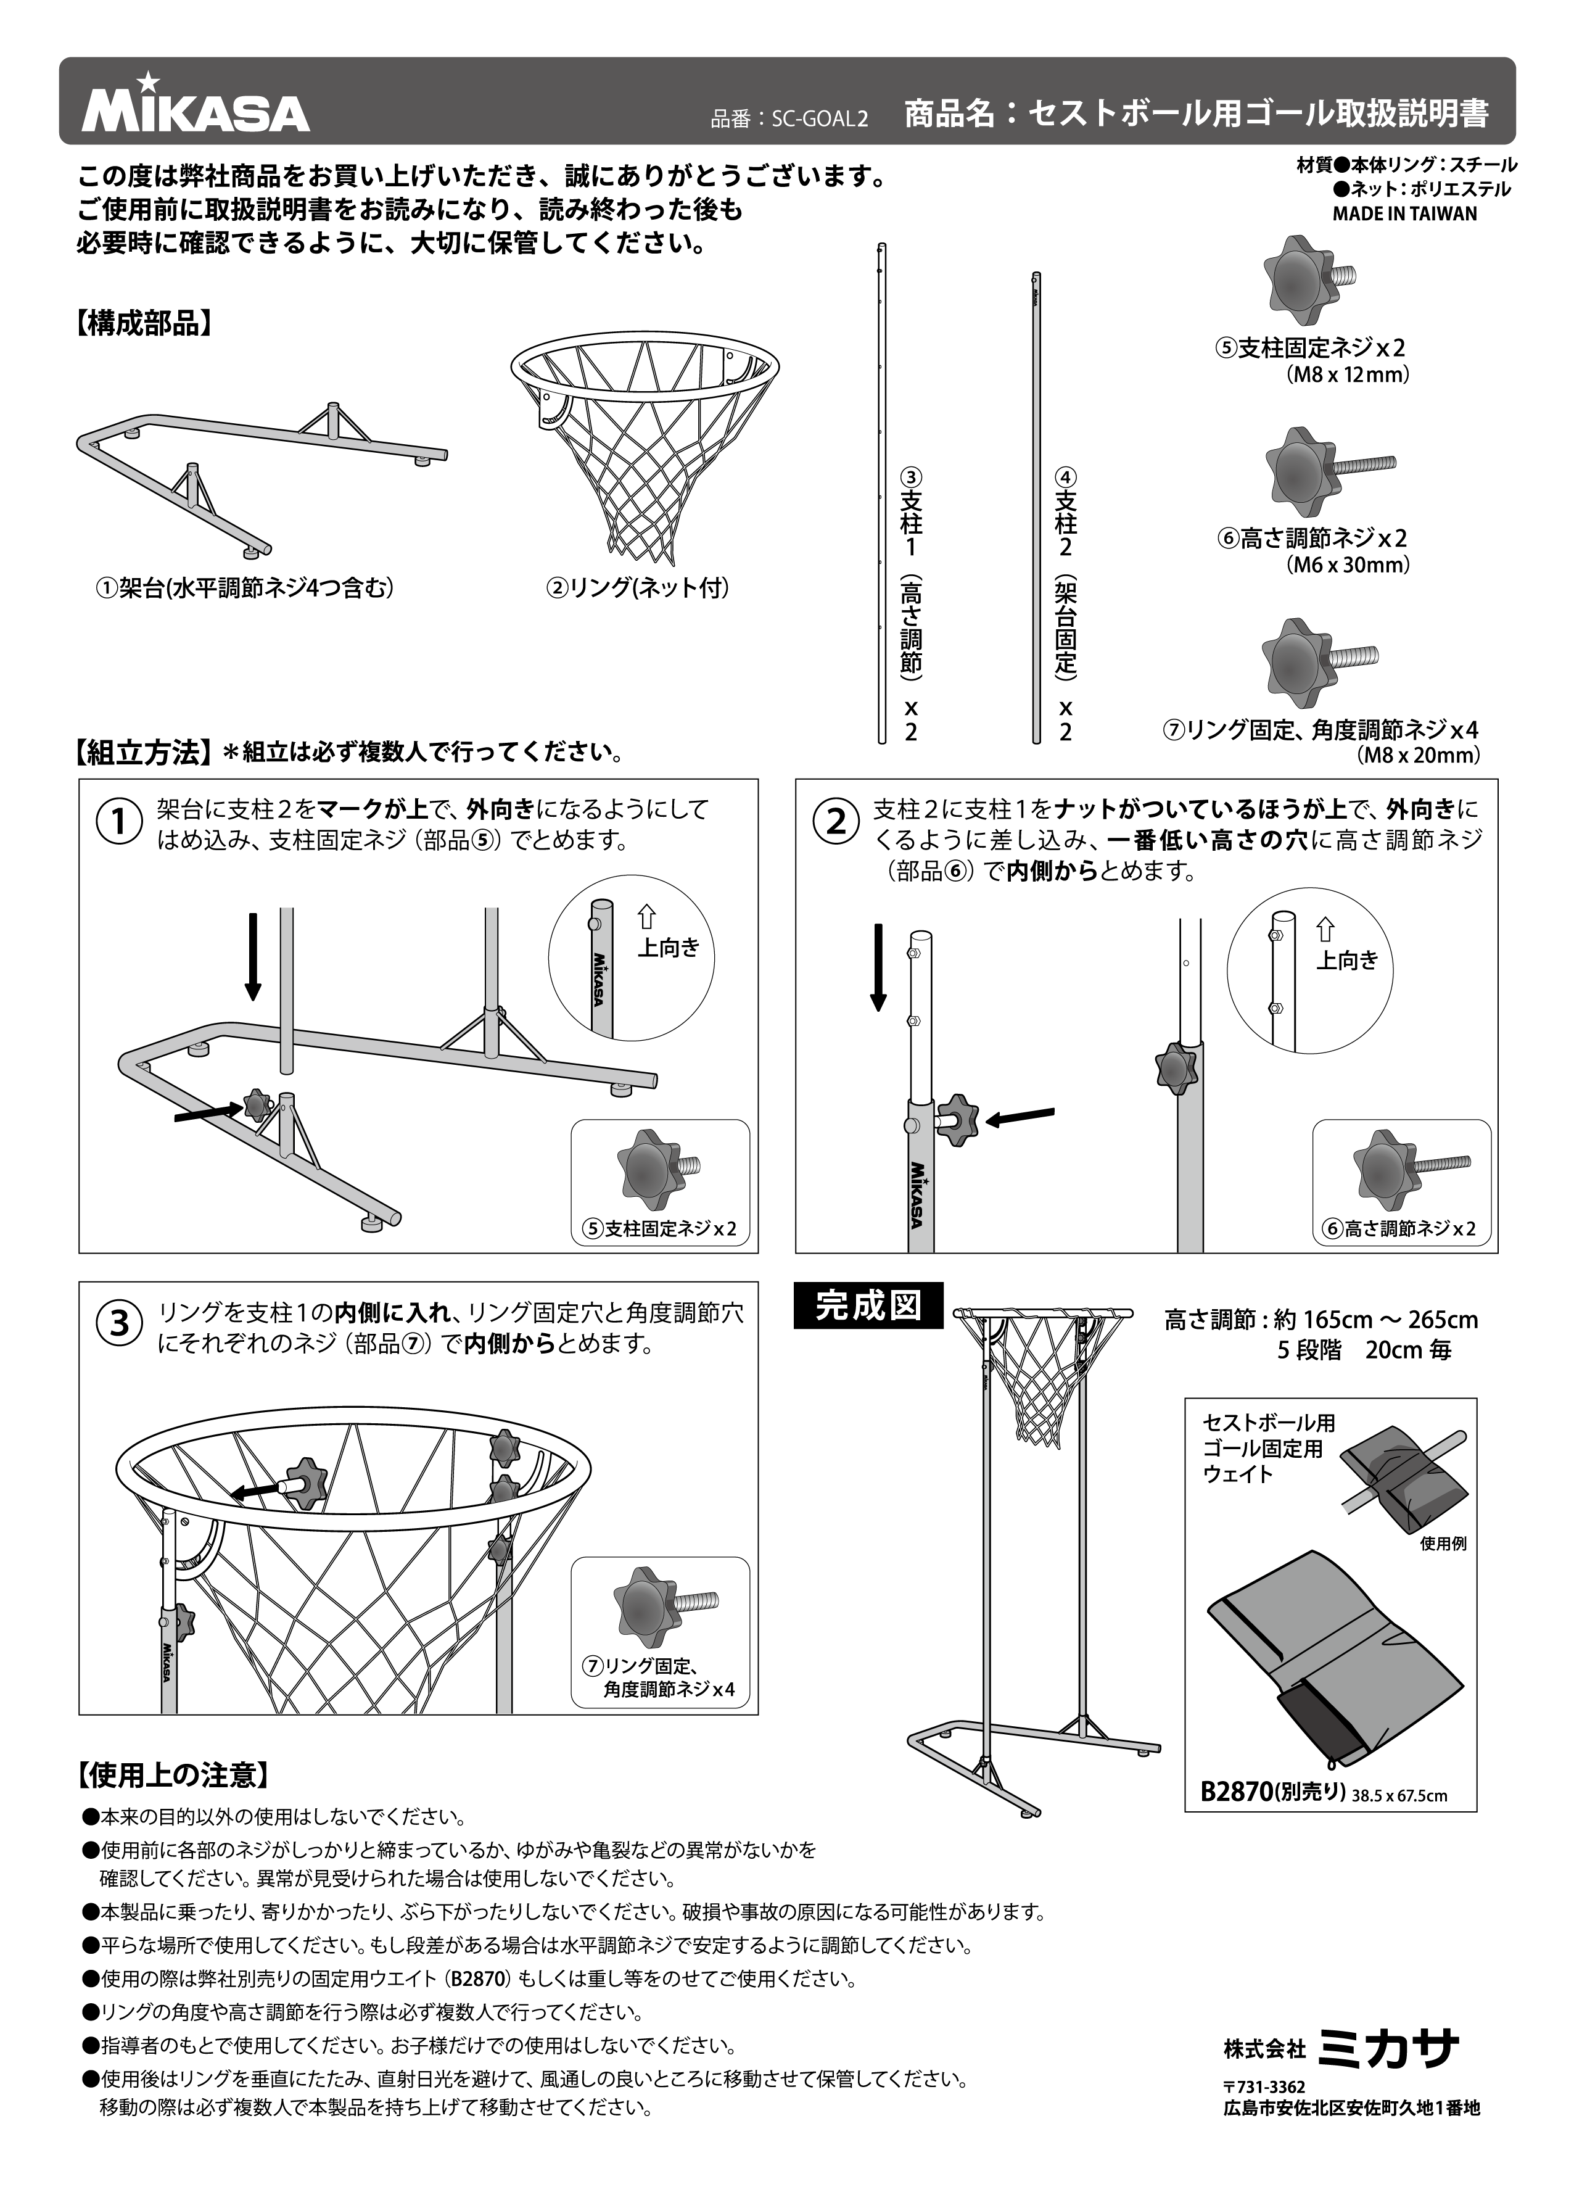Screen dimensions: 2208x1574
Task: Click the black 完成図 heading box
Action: pyautogui.click(x=867, y=1305)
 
